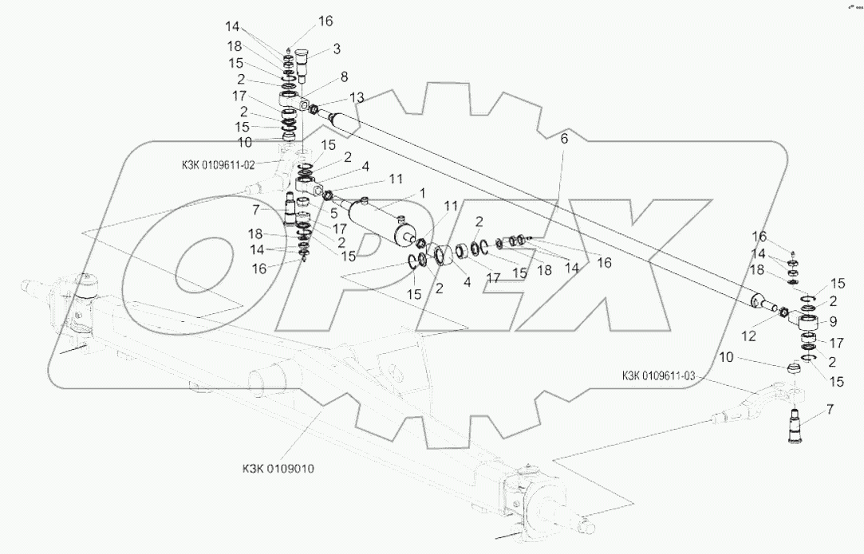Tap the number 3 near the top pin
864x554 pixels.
click(x=337, y=49)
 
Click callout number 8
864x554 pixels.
click(x=344, y=77)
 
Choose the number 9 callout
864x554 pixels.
click(x=832, y=321)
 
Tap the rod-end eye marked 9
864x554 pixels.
click(x=808, y=324)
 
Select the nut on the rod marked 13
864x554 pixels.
click(x=313, y=108)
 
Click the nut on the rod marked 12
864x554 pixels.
click(x=783, y=311)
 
